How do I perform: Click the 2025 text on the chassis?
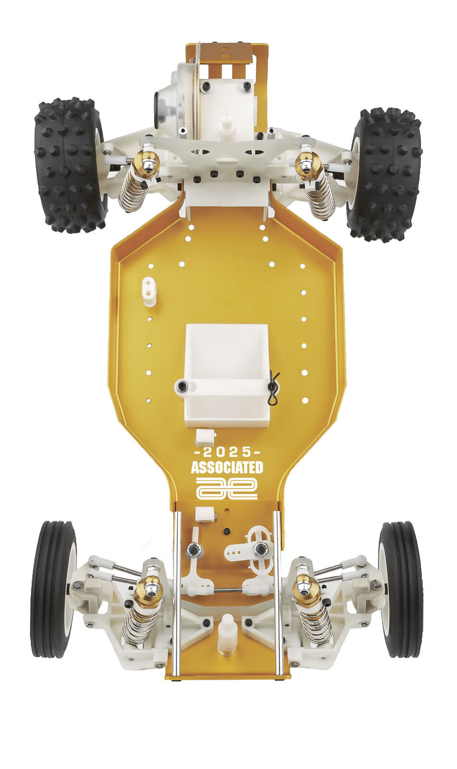pos(227,452)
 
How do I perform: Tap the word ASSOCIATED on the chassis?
pos(227,468)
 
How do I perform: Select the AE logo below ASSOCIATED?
pos(227,488)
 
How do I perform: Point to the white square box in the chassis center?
pos(227,376)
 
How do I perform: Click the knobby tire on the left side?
pos(70,165)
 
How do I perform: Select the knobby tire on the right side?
pos(385,174)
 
